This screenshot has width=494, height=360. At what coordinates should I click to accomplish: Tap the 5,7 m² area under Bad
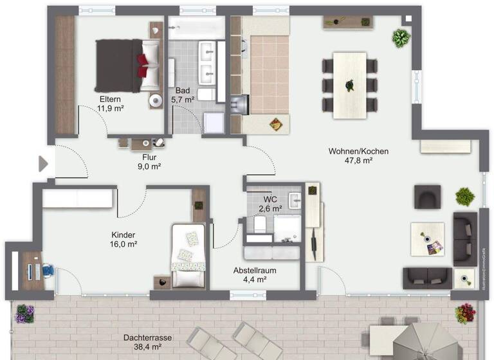(183, 100)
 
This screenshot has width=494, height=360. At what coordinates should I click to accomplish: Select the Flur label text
(149, 156)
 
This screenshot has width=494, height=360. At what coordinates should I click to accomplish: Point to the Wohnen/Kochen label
(358, 152)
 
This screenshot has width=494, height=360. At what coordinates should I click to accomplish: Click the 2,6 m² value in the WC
(270, 208)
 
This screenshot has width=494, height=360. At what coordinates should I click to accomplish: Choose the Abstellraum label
(255, 271)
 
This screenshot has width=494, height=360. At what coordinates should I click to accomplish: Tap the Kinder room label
(123, 235)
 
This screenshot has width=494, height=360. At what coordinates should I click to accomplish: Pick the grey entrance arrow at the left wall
(43, 164)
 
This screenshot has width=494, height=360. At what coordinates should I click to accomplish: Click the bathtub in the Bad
(196, 28)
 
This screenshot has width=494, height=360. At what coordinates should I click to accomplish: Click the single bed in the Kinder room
(188, 256)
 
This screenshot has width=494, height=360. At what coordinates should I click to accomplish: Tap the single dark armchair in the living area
(428, 196)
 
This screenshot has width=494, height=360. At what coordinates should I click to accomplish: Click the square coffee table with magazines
(428, 239)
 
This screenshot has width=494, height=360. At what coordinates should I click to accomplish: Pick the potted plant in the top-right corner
(401, 38)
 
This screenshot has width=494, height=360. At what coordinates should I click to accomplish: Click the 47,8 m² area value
(358, 161)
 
